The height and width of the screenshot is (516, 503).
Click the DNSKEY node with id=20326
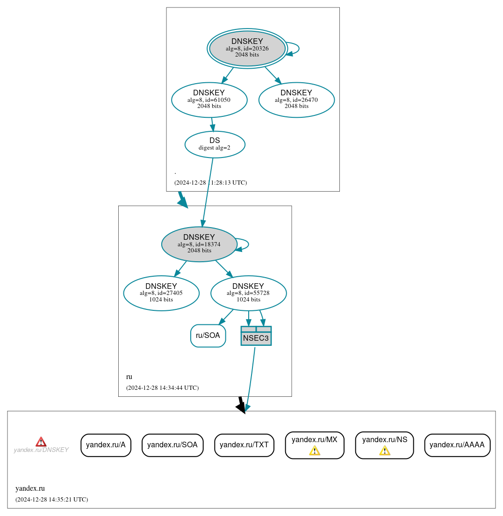point(247,49)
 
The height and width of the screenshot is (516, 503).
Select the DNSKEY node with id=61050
point(209,100)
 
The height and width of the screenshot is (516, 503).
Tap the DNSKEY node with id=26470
point(296,100)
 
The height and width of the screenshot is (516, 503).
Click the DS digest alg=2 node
point(215,144)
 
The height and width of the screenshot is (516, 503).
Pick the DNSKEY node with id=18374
point(199,244)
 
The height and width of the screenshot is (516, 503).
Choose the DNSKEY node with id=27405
point(161,293)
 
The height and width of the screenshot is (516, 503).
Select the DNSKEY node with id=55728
point(248,293)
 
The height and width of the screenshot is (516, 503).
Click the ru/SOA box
point(208,336)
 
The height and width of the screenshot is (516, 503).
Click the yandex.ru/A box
point(106,445)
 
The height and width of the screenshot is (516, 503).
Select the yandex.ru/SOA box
point(172,445)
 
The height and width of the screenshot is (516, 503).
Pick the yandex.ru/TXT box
point(244,445)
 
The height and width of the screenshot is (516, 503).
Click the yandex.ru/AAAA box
point(457,445)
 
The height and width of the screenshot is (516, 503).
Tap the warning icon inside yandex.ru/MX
point(315,451)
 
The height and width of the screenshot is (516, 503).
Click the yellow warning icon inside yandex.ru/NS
point(384,451)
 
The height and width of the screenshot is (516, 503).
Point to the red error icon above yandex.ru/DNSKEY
point(41,442)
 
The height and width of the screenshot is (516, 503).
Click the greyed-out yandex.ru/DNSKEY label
point(41,450)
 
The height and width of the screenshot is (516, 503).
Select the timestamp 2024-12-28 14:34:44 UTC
point(162,388)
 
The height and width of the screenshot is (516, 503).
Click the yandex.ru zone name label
point(30,488)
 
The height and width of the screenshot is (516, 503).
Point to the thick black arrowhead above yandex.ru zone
point(241,407)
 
